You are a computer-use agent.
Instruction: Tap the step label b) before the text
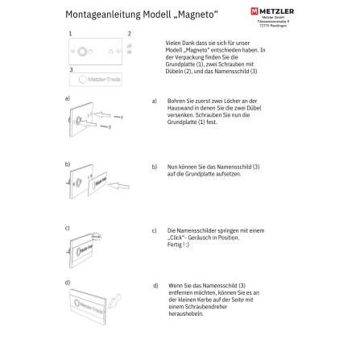click(153, 166)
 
